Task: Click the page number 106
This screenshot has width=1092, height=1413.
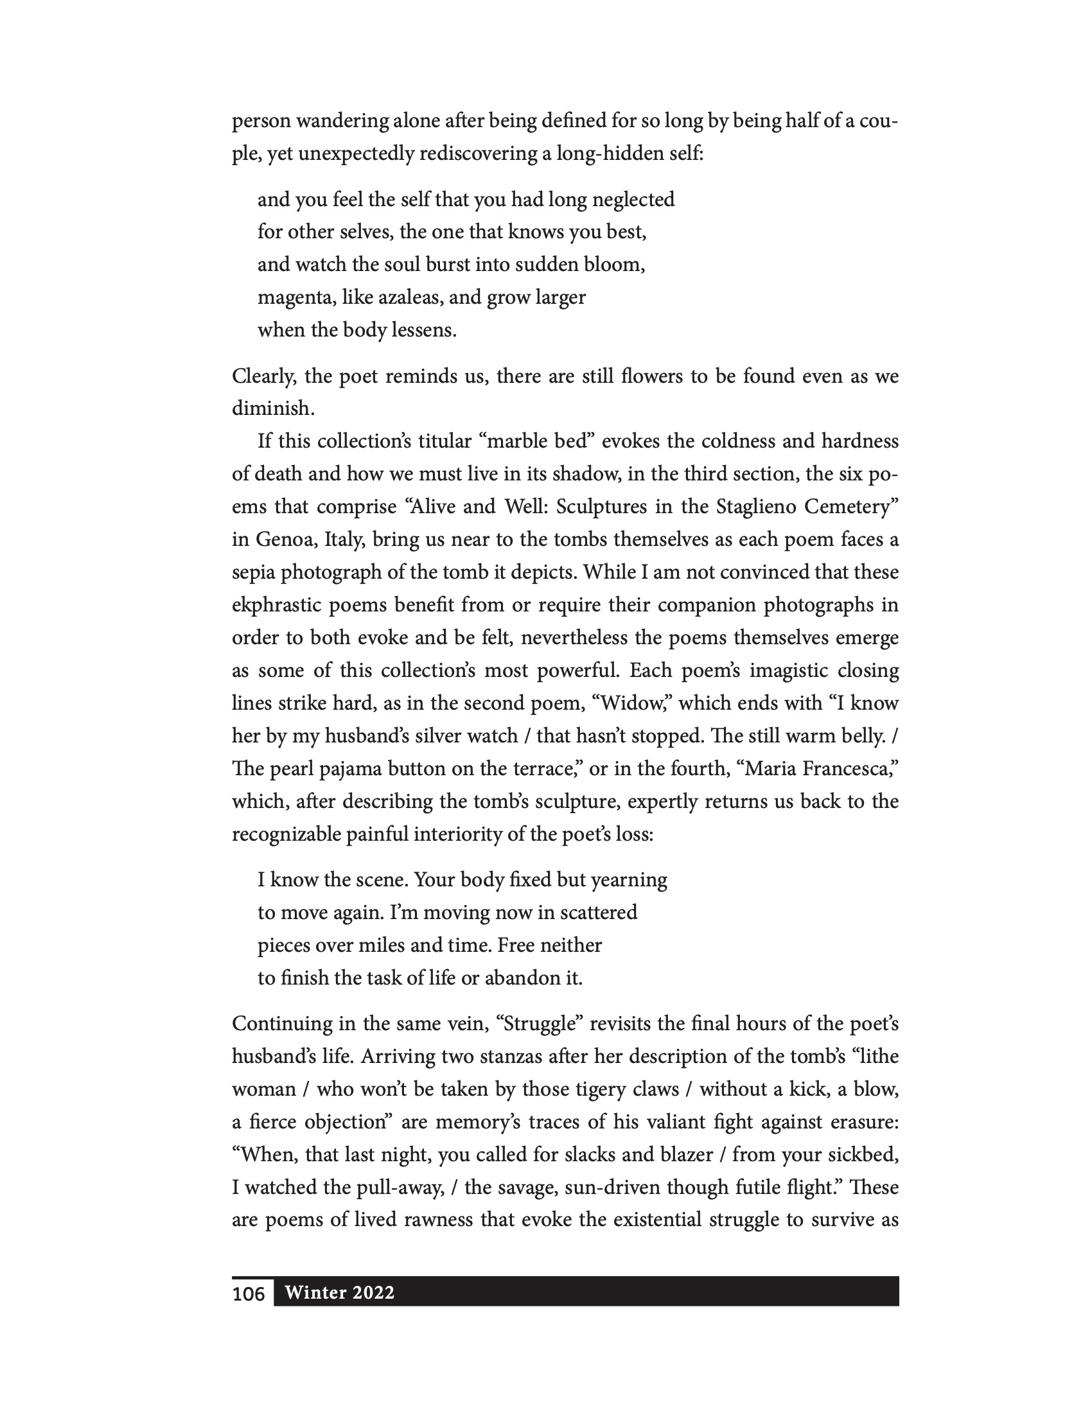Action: click(249, 1294)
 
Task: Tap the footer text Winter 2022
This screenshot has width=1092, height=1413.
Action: click(340, 1292)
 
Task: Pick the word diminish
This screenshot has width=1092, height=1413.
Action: click(272, 409)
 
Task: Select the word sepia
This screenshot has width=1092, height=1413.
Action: click(253, 572)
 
